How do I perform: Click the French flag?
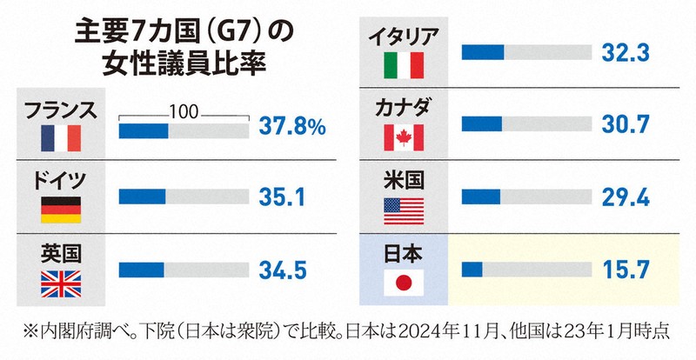[x=61, y=137]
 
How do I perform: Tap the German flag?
[x=61, y=210]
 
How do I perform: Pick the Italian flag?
[x=404, y=65]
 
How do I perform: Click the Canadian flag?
[x=404, y=137]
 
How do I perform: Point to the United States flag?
[x=404, y=210]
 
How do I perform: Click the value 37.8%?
[x=292, y=129]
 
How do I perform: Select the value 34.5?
[x=283, y=270]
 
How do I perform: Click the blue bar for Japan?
[x=472, y=270]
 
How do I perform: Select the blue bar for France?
[x=143, y=130]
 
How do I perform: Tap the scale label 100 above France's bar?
[x=184, y=111]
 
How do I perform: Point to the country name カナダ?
[x=404, y=110]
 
